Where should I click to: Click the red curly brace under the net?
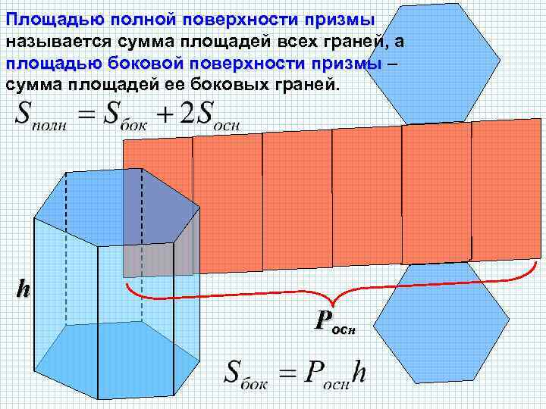pos(334,292)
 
